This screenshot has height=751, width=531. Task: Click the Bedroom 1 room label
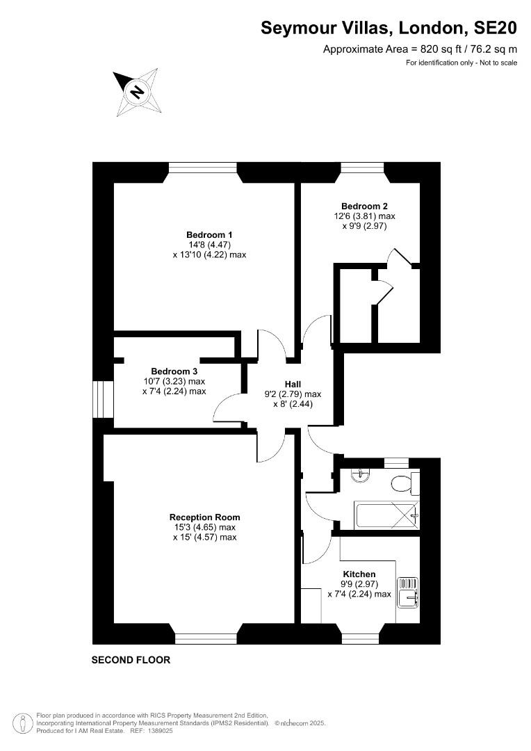[x=209, y=235]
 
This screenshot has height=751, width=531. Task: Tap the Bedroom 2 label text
[x=364, y=207]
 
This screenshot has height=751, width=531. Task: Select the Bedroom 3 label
[x=174, y=371]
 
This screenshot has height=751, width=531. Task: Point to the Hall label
[x=293, y=384]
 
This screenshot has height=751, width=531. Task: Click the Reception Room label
[x=205, y=517]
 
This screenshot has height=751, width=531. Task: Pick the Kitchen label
[x=359, y=574]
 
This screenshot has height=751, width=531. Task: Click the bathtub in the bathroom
[x=386, y=515]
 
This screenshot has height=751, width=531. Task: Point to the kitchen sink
[x=407, y=592]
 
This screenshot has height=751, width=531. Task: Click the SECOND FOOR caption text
[x=131, y=660]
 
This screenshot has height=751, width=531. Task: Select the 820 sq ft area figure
[x=436, y=49]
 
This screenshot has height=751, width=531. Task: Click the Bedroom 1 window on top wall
[x=203, y=167]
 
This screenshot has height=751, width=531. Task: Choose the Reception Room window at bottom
[x=206, y=638]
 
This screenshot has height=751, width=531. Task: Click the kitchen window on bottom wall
[x=361, y=638]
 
